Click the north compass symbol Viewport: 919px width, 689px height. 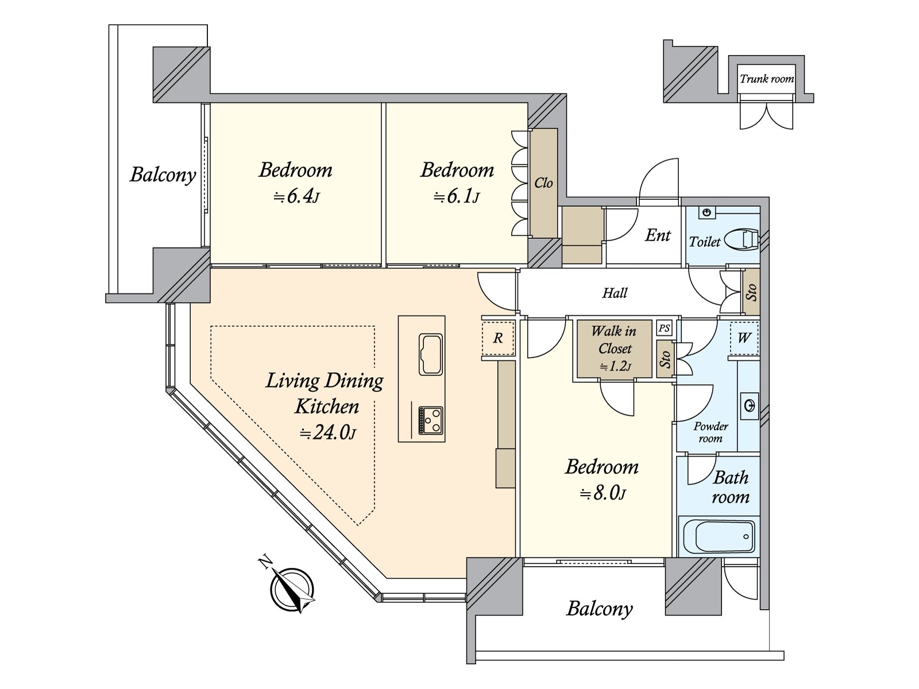[292, 589]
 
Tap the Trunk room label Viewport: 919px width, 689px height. [767, 79]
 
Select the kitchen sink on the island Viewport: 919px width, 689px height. [430, 354]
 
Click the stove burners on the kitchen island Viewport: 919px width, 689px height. [430, 420]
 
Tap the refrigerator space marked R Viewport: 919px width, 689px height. [497, 338]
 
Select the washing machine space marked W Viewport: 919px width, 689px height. [744, 338]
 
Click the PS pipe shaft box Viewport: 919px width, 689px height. [664, 328]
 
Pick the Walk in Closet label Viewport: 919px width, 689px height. [614, 339]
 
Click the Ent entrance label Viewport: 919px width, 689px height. [658, 235]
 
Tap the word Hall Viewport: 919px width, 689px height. [615, 293]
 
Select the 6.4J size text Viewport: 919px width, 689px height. [296, 197]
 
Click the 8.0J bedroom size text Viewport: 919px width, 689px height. [602, 493]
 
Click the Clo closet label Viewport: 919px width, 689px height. [543, 183]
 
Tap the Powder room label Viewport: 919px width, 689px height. [711, 432]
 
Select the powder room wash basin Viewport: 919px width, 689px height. [750, 406]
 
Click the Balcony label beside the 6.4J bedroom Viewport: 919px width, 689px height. [163, 175]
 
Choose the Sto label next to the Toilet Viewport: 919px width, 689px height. [751, 293]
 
